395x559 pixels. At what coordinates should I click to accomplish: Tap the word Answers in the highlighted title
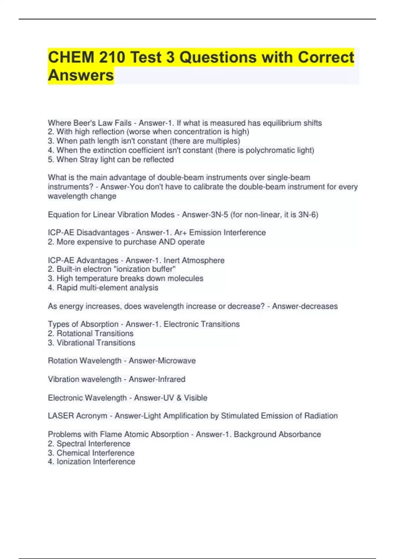click(x=81, y=75)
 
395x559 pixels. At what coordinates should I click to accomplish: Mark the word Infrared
click(x=171, y=379)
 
